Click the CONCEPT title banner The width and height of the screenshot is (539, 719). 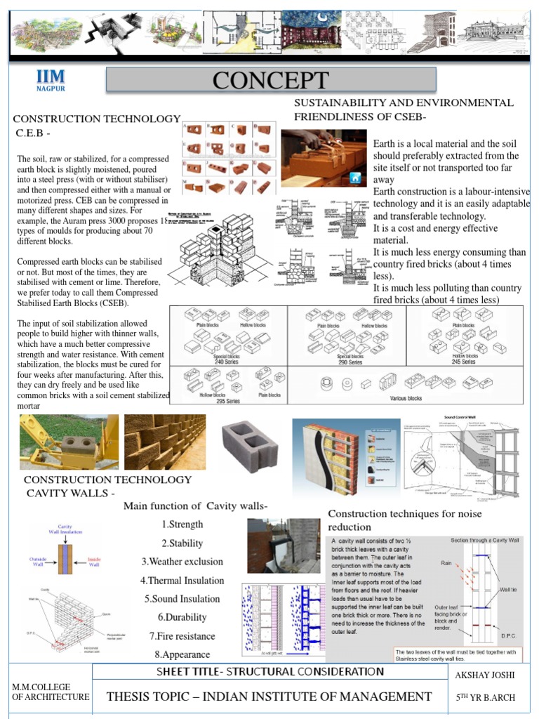[x=271, y=80]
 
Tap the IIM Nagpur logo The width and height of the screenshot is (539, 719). [x=51, y=81]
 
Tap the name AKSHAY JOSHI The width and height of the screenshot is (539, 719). [x=486, y=675]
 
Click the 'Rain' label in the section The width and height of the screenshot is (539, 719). [x=446, y=562]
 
